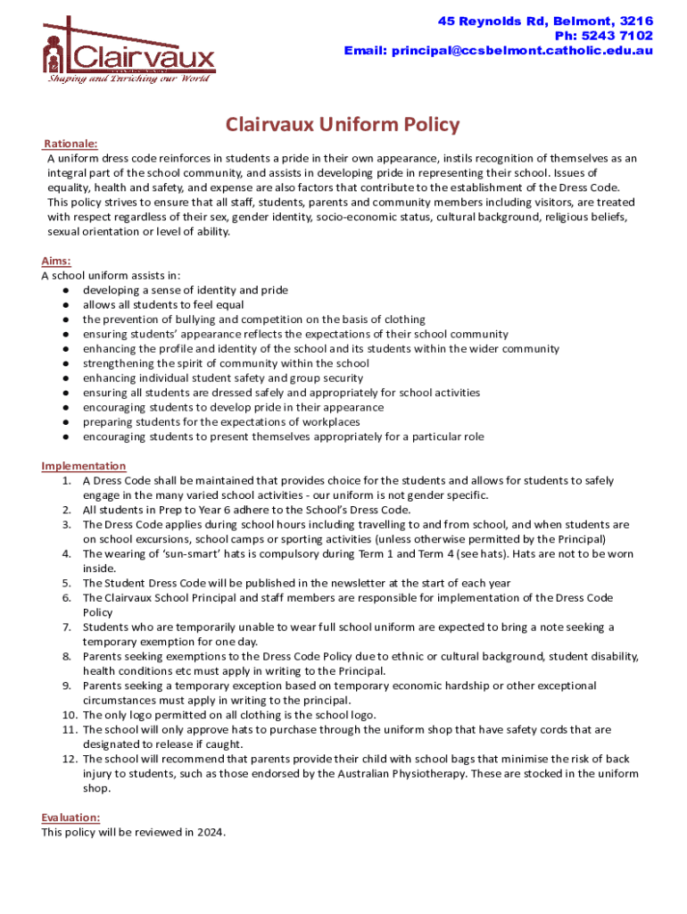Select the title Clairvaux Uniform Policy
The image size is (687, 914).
pyautogui.click(x=343, y=124)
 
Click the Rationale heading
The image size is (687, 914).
pyautogui.click(x=71, y=144)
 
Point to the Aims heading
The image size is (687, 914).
pyautogui.click(x=56, y=261)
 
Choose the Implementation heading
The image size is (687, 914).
pyautogui.click(x=84, y=466)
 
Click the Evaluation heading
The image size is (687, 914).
pyautogui.click(x=70, y=818)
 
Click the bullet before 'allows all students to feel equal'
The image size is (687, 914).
pyautogui.click(x=67, y=304)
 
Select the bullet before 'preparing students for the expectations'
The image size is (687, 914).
pyautogui.click(x=67, y=422)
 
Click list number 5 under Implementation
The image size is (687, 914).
pyautogui.click(x=67, y=583)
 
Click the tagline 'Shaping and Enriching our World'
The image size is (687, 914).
pyautogui.click(x=128, y=79)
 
